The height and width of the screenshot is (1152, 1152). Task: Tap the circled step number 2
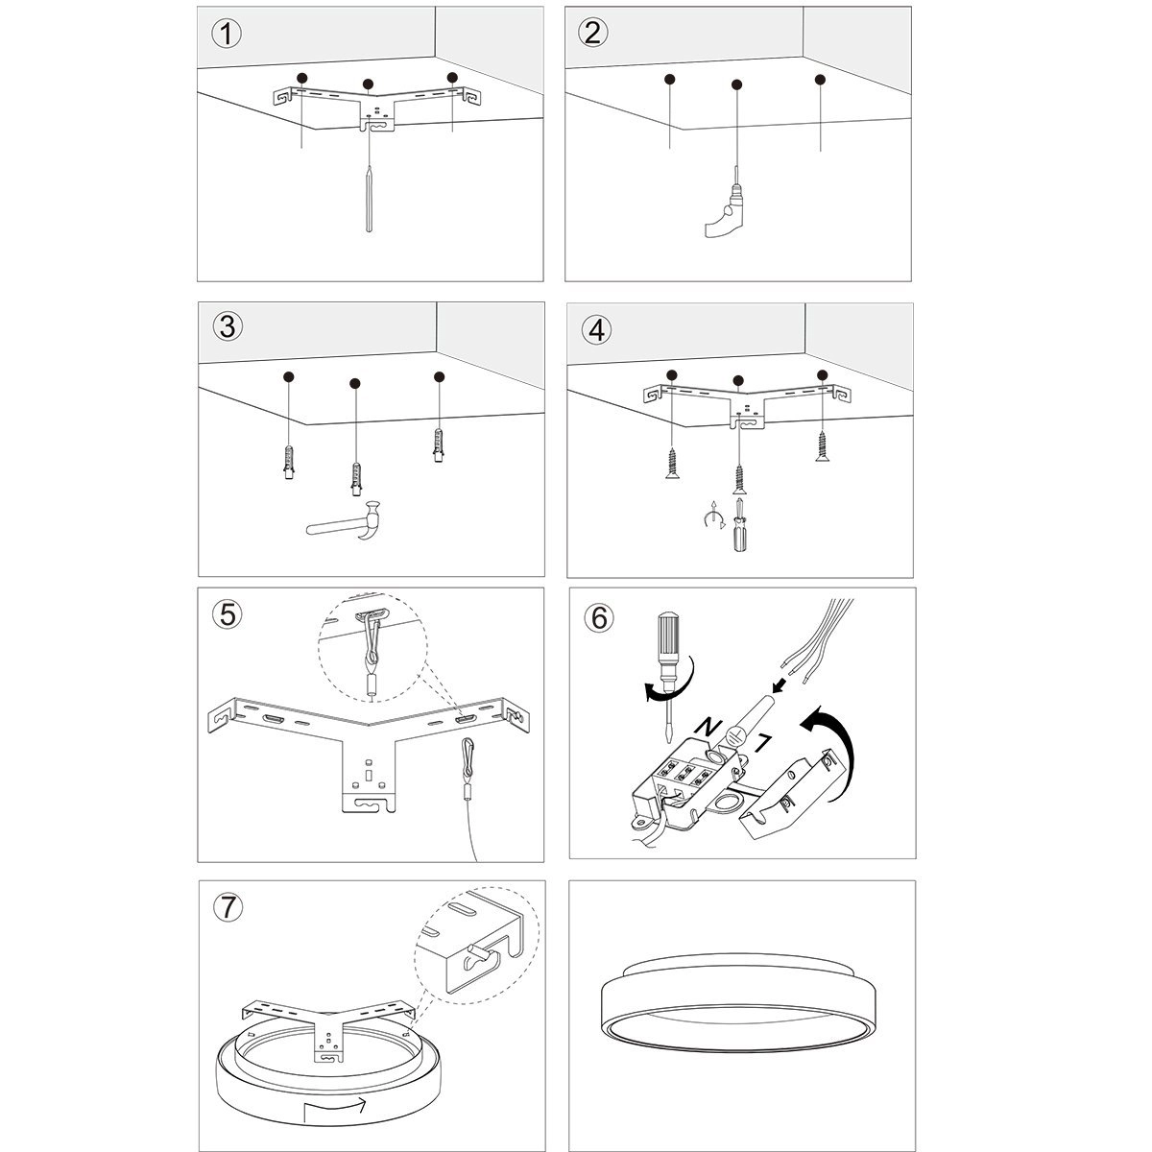click(x=593, y=33)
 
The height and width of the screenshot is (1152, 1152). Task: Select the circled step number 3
click(x=228, y=326)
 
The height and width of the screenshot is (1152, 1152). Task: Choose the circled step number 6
click(x=599, y=617)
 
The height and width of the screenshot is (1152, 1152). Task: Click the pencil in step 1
click(x=370, y=197)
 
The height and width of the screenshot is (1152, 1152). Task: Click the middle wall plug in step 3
click(x=355, y=477)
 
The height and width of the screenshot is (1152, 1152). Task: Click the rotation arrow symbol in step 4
click(x=711, y=519)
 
